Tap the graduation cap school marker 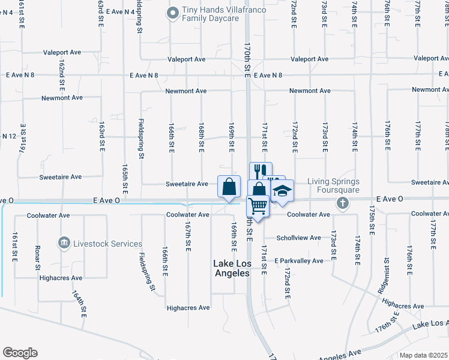(281, 191)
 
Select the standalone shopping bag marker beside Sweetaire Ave (229, 187)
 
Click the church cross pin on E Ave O (343, 202)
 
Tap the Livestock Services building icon (64, 244)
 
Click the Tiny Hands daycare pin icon (173, 12)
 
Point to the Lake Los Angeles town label (232, 268)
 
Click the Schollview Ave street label (298, 238)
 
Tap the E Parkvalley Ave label (299, 261)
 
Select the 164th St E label (80, 304)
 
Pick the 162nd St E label (62, 74)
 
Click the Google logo (20, 353)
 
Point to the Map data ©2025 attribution (423, 355)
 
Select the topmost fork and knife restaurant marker (260, 170)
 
